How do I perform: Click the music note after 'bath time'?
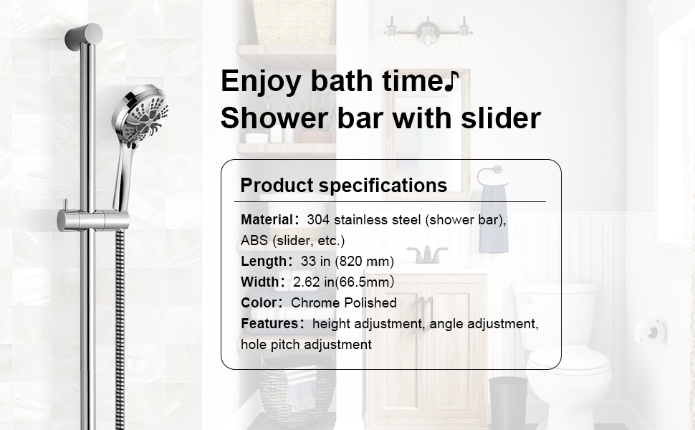coord(450,81)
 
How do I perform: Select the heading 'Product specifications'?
coord(343,186)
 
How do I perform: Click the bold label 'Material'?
coord(267,219)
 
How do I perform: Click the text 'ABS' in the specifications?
coord(254,240)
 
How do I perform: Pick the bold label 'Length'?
coord(263,261)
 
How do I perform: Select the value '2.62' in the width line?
coord(307,282)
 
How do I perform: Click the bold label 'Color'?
coord(259,302)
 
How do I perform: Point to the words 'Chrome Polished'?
coord(343,302)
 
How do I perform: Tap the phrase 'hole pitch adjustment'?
coord(306,344)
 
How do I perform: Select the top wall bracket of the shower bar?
coord(83,37)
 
